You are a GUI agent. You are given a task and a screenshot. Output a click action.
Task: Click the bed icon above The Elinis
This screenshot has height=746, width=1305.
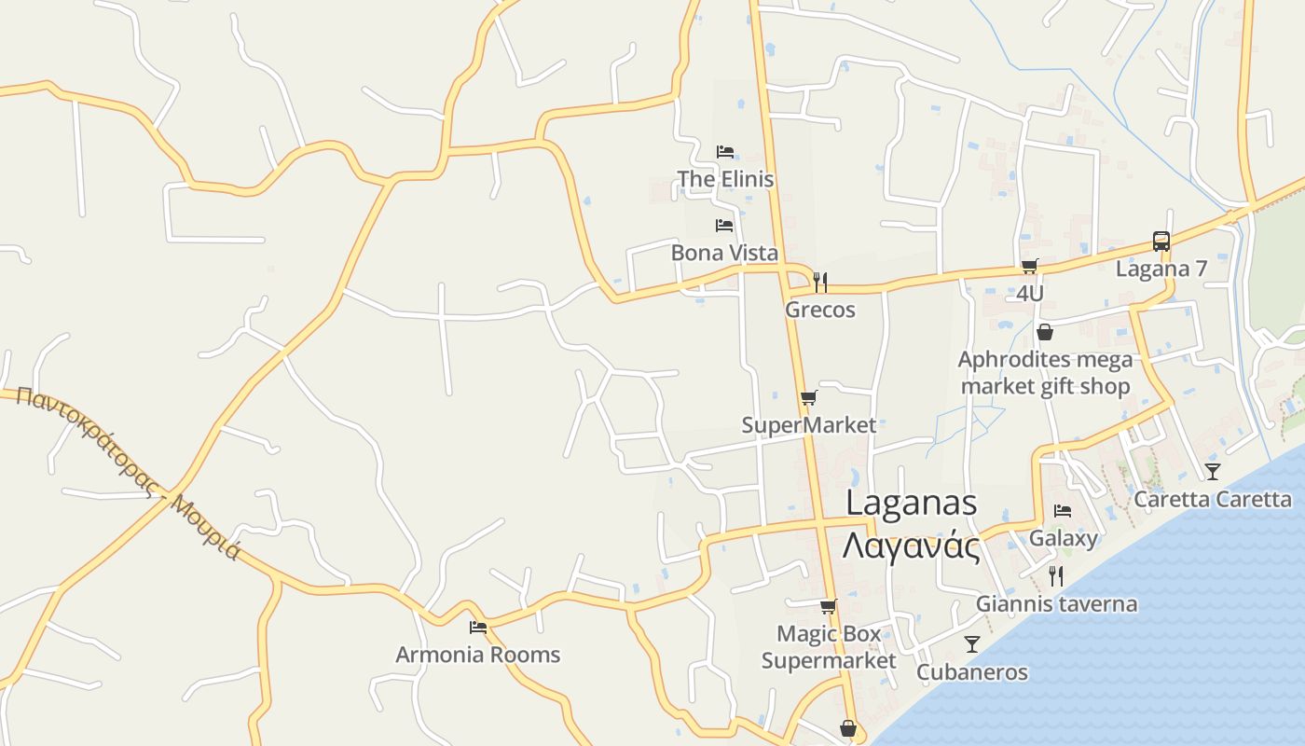pos(724,151)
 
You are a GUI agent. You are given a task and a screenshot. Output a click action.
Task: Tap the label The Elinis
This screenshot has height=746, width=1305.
pos(725,179)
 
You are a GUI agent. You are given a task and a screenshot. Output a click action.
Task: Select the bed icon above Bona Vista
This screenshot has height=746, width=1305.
pos(723,225)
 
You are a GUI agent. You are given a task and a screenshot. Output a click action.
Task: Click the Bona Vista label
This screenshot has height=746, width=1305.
pos(724,253)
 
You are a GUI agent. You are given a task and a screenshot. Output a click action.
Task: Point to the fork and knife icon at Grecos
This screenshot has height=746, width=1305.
pos(820,282)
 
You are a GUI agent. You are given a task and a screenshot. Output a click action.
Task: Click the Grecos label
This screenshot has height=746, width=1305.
pos(820,310)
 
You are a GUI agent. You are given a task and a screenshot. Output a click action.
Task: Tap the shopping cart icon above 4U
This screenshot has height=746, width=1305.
pos(1029,267)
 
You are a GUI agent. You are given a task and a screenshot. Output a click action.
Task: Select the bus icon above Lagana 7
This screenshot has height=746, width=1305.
pos(1161,242)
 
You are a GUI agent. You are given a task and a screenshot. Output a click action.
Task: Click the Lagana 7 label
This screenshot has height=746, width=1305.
pos(1161,269)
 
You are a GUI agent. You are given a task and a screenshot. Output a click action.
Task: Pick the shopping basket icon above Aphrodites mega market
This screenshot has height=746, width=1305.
pos(1044,332)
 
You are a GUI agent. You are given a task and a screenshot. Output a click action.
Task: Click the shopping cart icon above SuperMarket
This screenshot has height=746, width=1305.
pos(808,398)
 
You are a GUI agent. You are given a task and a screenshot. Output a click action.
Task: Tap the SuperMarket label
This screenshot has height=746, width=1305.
pos(809,426)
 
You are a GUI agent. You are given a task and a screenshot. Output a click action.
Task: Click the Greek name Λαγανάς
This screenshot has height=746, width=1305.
pos(911,546)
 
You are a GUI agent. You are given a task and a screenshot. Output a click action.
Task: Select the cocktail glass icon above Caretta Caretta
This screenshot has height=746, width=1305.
pos(1212,471)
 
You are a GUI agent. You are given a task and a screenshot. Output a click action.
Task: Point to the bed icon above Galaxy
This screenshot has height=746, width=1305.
pos(1062,511)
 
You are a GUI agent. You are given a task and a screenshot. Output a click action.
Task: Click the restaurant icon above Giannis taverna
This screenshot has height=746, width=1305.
pos(1055,576)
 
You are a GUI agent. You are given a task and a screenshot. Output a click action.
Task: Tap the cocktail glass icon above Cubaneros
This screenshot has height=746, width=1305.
pos(971,644)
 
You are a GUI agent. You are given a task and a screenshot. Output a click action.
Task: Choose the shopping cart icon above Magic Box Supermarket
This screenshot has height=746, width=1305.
pos(828,606)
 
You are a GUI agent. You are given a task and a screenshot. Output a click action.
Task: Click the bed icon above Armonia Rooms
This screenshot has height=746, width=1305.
pos(478,627)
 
